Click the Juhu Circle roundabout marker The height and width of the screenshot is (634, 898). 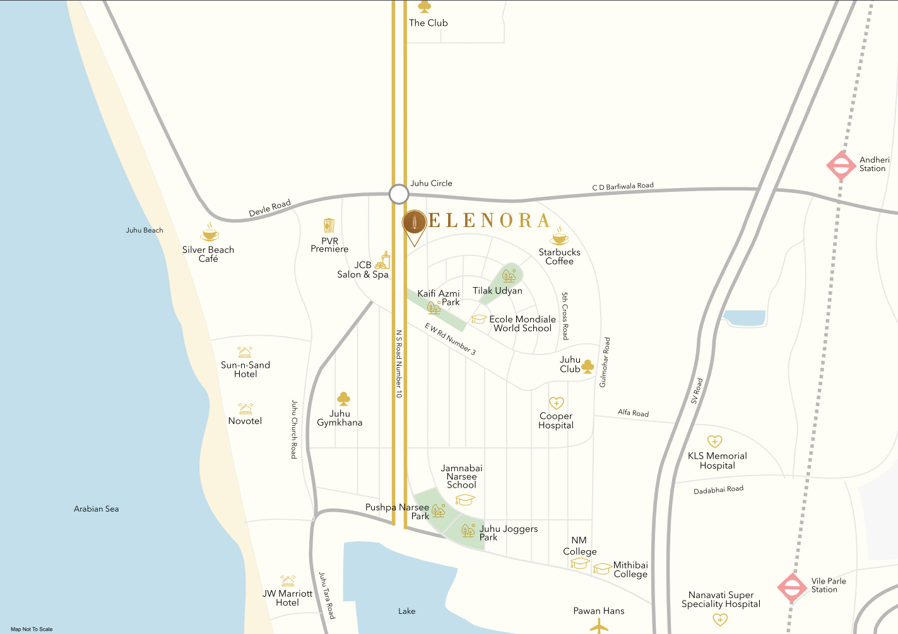(399, 194)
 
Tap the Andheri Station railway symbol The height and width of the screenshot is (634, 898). (841, 166)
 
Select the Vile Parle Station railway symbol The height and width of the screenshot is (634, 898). (792, 587)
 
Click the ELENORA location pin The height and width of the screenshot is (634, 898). (414, 225)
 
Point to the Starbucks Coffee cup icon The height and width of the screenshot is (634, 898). (559, 237)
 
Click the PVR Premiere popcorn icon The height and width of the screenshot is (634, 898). (329, 225)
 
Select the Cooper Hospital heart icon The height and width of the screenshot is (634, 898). (556, 402)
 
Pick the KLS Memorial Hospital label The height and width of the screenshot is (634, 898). (717, 461)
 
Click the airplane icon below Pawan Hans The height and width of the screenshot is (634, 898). (598, 626)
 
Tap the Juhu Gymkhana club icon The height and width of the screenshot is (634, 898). (344, 399)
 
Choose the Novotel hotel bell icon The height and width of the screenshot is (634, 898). (245, 409)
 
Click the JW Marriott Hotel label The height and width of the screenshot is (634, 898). (287, 597)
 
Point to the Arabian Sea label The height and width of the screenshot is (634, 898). (96, 508)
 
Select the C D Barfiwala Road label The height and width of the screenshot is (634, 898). (623, 186)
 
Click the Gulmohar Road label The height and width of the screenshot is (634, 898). (605, 362)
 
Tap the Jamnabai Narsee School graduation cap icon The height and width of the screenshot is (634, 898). (464, 500)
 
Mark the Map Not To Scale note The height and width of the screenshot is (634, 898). (32, 629)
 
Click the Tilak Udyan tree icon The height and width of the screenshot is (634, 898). (509, 276)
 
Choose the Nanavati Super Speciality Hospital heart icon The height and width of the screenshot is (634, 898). (720, 619)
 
